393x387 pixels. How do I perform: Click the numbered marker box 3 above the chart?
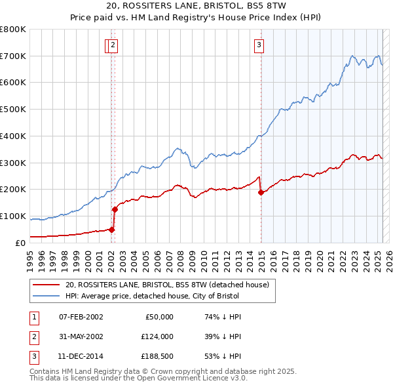259,45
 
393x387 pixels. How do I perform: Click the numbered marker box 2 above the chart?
113,45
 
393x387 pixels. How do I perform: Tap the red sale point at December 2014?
261,192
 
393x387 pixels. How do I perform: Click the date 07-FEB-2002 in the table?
81,317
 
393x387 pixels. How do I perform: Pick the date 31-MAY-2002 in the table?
81,337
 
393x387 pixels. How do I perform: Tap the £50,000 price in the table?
159,317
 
